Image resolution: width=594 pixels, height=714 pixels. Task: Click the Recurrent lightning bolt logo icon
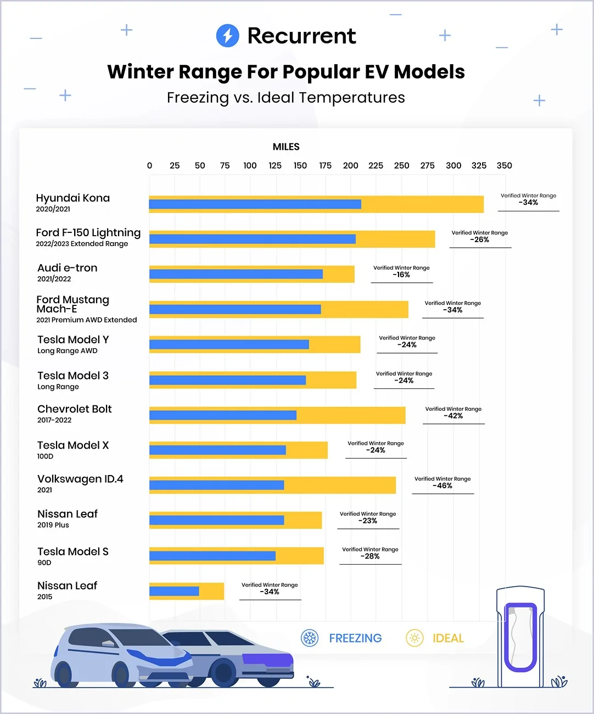point(227,36)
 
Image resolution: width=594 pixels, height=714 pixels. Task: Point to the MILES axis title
point(286,147)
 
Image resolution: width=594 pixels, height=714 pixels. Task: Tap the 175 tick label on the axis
point(325,166)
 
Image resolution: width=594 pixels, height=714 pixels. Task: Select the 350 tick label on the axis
point(504,166)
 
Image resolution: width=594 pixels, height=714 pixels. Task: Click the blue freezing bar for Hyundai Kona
point(255,204)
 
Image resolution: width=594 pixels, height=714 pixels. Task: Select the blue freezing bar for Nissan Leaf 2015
point(174,592)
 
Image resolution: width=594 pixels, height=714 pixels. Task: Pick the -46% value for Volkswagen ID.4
point(442,486)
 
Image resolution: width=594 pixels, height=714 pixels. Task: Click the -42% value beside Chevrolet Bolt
point(453,416)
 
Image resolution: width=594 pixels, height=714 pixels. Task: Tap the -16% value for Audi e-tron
point(401,275)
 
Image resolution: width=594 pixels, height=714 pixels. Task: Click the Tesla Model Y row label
point(73,340)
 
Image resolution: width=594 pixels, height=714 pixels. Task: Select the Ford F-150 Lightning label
point(88,233)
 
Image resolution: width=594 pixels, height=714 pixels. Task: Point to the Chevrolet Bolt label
point(74,409)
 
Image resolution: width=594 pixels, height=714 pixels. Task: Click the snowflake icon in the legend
point(310,638)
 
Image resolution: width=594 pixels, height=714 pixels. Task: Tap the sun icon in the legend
point(414,638)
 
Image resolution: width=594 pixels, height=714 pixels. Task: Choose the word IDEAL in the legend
point(448,638)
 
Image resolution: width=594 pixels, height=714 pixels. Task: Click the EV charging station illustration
point(520,637)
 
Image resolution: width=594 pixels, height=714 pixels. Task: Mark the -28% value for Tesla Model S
point(370,556)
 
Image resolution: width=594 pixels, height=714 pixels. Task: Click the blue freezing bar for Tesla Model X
point(217,450)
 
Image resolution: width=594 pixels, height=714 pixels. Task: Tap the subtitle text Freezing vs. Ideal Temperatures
point(286,98)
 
